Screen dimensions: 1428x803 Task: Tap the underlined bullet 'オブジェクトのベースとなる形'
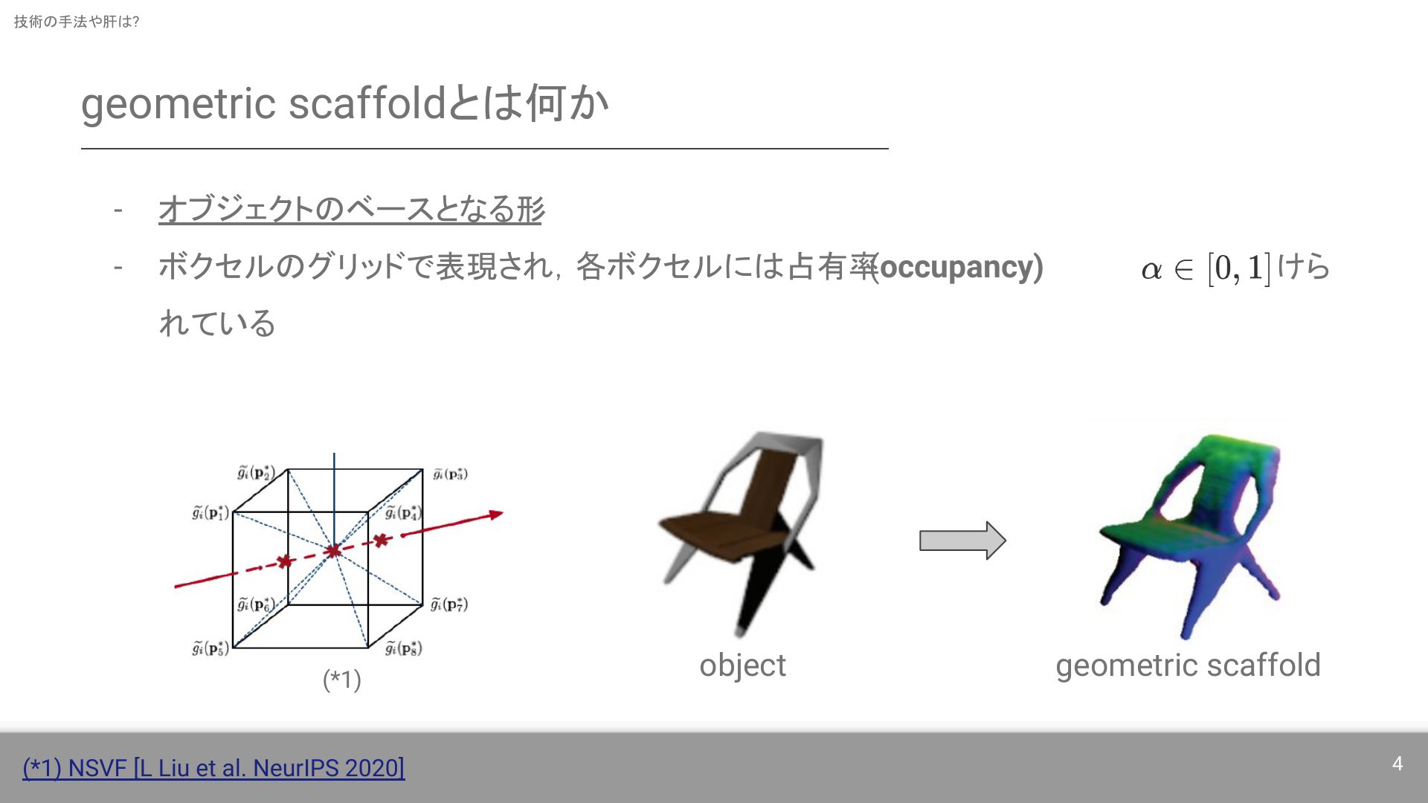(351, 209)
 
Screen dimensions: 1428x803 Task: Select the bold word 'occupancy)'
(961, 267)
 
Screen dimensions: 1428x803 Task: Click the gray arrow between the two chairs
(962, 540)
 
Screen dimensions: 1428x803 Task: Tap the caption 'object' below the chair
(742, 665)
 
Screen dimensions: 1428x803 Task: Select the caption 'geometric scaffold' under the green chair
(1188, 665)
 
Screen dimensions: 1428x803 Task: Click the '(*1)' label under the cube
(341, 679)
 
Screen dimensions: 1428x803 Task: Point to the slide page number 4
(1397, 764)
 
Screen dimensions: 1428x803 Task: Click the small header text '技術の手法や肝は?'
(77, 22)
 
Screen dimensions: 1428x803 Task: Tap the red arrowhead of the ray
(495, 514)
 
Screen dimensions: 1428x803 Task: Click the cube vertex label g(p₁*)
(210, 512)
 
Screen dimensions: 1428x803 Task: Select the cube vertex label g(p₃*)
(450, 473)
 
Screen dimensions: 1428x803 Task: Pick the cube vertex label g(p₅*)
(210, 648)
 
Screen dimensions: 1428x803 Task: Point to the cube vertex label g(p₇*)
(449, 604)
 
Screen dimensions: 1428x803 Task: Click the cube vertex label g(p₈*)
(404, 648)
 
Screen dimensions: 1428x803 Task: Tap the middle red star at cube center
(333, 550)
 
